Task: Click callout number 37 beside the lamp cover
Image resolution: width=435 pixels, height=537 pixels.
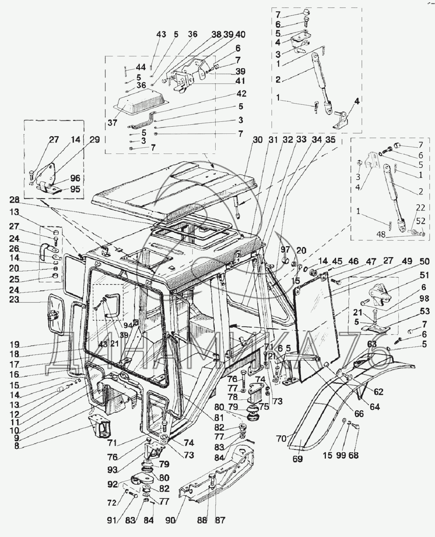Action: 112,123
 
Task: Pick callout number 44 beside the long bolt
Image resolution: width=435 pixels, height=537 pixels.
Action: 140,68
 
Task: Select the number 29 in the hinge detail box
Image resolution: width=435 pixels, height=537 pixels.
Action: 94,140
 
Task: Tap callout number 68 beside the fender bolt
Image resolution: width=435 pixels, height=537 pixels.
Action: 353,455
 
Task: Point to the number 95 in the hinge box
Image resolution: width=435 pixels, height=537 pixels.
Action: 75,189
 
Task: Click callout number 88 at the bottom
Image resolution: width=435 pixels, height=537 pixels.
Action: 202,520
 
